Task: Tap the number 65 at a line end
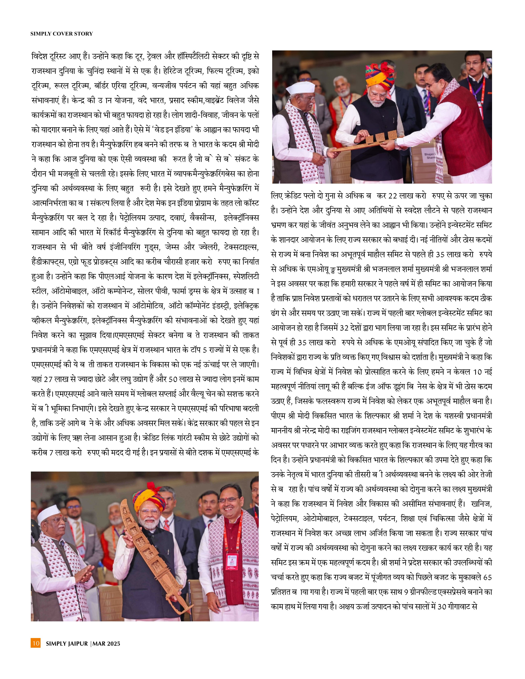pos(488,577)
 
